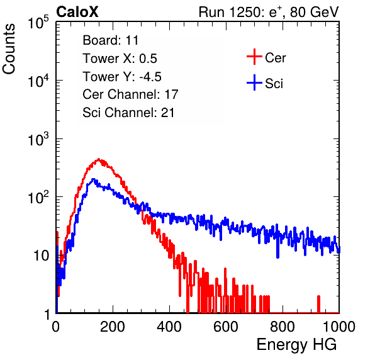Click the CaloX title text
point(77,12)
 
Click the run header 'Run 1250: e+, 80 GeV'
point(269,12)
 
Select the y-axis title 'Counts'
point(9,49)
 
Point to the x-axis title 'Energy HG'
point(296,345)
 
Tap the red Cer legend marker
point(254,57)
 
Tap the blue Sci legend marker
point(254,83)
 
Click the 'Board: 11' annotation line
point(111,40)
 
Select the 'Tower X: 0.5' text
point(120,59)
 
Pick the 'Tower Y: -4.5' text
point(122,77)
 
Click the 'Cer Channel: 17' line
point(130,94)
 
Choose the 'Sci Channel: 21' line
point(128,113)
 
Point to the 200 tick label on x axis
point(113,327)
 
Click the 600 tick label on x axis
point(226,327)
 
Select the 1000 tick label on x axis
point(339,327)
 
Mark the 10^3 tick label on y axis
point(38,139)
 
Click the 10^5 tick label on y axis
point(38,23)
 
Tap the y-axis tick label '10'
point(42,256)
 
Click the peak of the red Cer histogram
point(99,159)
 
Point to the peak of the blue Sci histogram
point(94,179)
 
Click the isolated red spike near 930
point(318,304)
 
